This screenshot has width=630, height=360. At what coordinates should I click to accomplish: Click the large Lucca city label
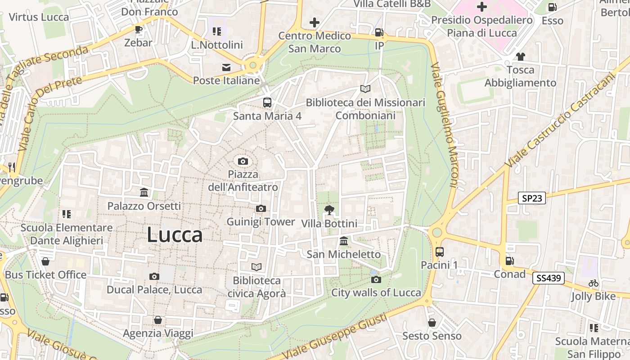point(175,235)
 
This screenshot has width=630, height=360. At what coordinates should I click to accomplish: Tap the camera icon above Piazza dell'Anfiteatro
point(243,161)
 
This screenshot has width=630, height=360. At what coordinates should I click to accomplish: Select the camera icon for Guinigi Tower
point(261,208)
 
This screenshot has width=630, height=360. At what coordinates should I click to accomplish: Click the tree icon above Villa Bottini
point(329,210)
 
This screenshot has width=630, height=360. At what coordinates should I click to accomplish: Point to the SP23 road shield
point(531,198)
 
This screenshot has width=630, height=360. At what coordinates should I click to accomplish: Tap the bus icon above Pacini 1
point(439,252)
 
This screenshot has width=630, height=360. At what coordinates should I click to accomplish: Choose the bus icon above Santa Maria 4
point(267,103)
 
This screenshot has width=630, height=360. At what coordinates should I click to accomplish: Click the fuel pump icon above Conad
point(509,261)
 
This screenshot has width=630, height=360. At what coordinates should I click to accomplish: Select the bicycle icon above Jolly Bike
point(594,283)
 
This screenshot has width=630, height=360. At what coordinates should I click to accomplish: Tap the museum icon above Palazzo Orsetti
point(144,193)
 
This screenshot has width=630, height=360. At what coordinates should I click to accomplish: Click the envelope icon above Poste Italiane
point(226,67)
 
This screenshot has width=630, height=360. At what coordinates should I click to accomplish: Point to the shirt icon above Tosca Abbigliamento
point(521,57)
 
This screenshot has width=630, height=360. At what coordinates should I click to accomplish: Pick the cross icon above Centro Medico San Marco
point(315,22)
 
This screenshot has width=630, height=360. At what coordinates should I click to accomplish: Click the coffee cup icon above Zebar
point(139,30)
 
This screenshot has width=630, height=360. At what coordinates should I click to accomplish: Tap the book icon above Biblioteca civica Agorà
point(256,267)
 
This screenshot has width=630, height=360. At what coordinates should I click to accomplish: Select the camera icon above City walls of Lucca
point(376,279)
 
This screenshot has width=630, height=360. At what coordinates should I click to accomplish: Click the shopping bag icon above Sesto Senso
point(432,323)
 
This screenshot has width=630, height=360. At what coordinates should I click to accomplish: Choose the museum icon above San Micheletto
point(344,241)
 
